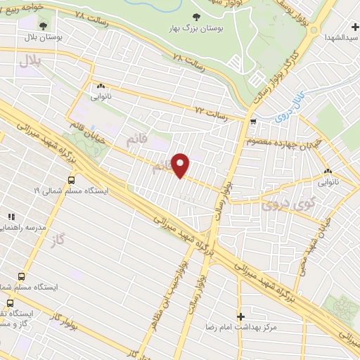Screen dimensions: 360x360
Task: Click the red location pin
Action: [x=181, y=165]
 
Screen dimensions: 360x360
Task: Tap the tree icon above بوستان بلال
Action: [x=43, y=25]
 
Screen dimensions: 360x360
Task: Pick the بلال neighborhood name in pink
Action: [x=32, y=63]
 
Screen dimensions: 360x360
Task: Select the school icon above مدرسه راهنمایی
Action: [x=10, y=217]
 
